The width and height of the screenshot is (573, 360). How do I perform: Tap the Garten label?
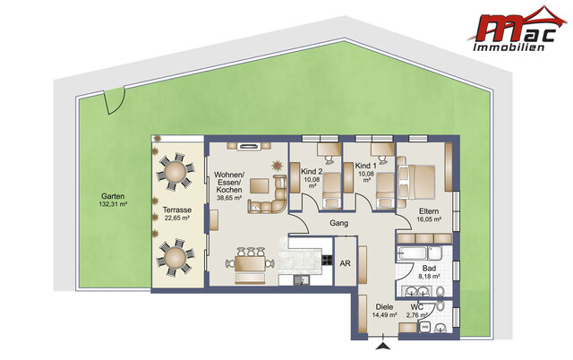(113, 196)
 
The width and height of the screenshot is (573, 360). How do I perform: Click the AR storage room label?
(345, 262)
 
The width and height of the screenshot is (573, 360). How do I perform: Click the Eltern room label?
(429, 210)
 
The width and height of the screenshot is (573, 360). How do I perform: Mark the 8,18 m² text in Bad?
(431, 277)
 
